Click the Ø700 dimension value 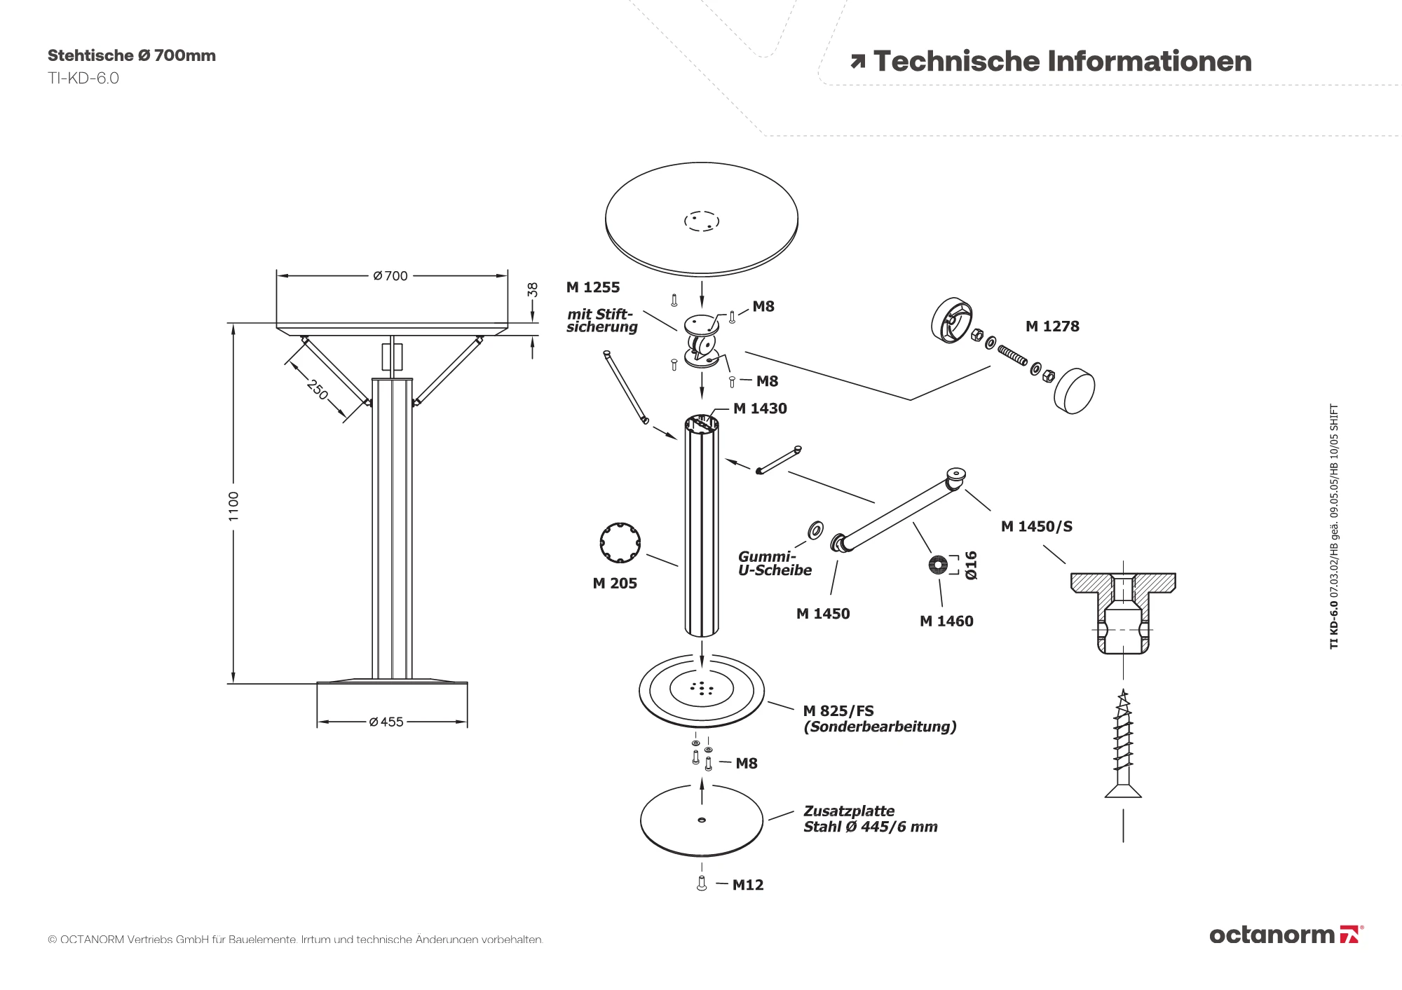pos(391,276)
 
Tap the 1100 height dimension pos(234,505)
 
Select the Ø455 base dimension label pos(387,722)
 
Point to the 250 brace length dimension pos(318,390)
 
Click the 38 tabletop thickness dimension pos(533,289)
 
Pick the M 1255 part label pos(593,287)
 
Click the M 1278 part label pos(1052,326)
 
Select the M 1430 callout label pos(760,408)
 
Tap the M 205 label pos(615,583)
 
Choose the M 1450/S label pos(1037,526)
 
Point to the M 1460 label pos(946,621)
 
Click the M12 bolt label pos(748,885)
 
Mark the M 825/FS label pos(838,710)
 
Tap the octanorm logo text pos(1272,935)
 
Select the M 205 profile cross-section pos(620,542)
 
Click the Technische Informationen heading pos(1062,62)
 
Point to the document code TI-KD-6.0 pos(83,78)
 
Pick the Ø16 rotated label pos(971,565)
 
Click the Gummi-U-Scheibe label pos(775,563)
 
